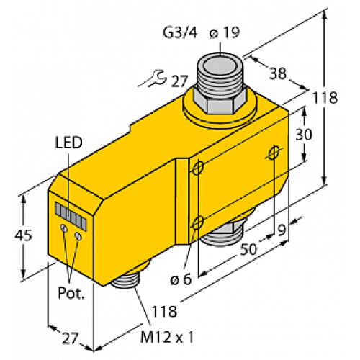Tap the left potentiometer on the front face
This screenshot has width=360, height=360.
pyautogui.click(x=65, y=228)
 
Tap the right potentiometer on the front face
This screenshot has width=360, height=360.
pyautogui.click(x=78, y=233)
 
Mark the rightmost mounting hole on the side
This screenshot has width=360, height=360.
pyautogui.click(x=274, y=152)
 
